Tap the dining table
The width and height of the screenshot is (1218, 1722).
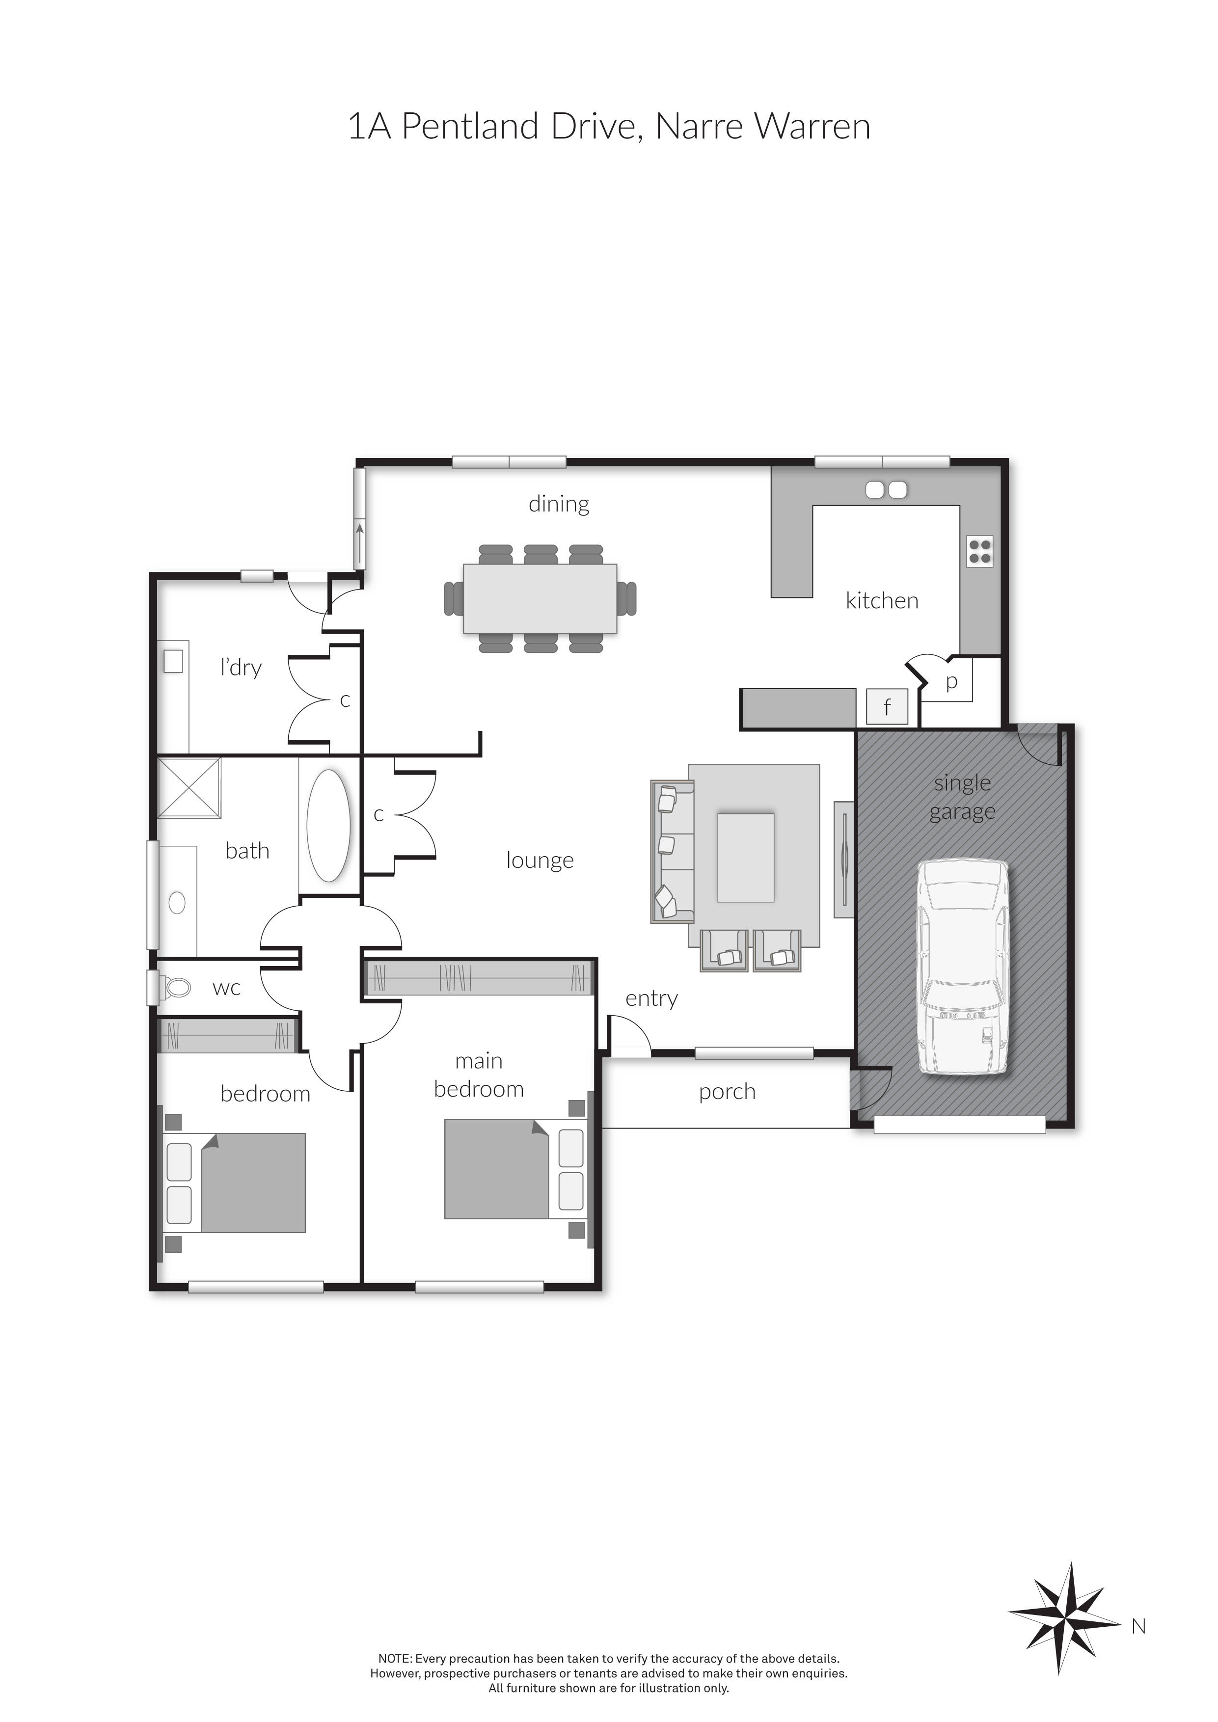point(540,598)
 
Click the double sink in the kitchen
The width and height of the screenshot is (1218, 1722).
point(886,490)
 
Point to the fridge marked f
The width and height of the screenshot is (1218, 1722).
point(887,706)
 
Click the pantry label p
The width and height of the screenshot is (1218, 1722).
point(951,682)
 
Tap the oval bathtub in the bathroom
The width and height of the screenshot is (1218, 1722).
point(328,825)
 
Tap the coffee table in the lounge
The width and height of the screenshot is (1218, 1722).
point(746,857)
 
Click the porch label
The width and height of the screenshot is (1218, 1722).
point(727,1092)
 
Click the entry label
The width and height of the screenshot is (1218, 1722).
point(651,998)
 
